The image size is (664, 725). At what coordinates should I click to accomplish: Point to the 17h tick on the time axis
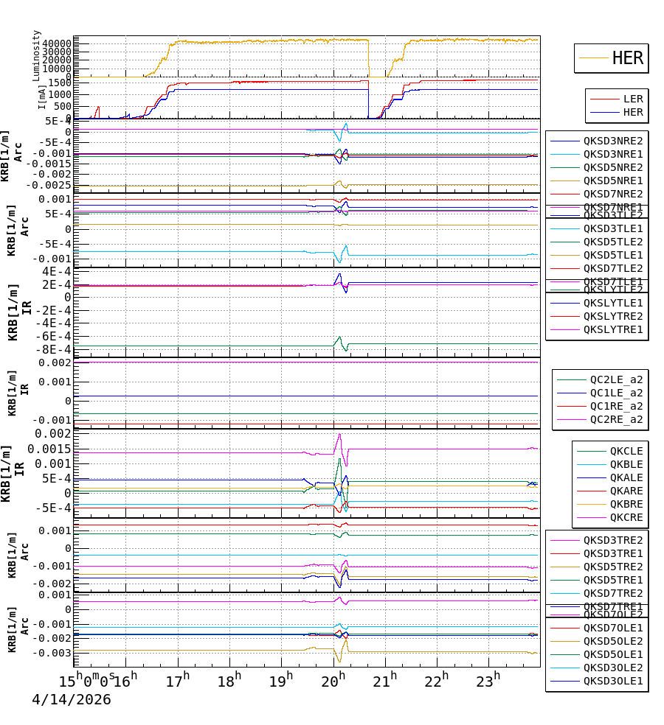point(178,679)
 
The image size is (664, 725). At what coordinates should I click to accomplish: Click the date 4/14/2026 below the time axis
point(72,700)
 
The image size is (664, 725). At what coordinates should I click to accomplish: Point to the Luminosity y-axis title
point(37,55)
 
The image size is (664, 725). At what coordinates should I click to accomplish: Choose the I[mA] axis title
point(42,97)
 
